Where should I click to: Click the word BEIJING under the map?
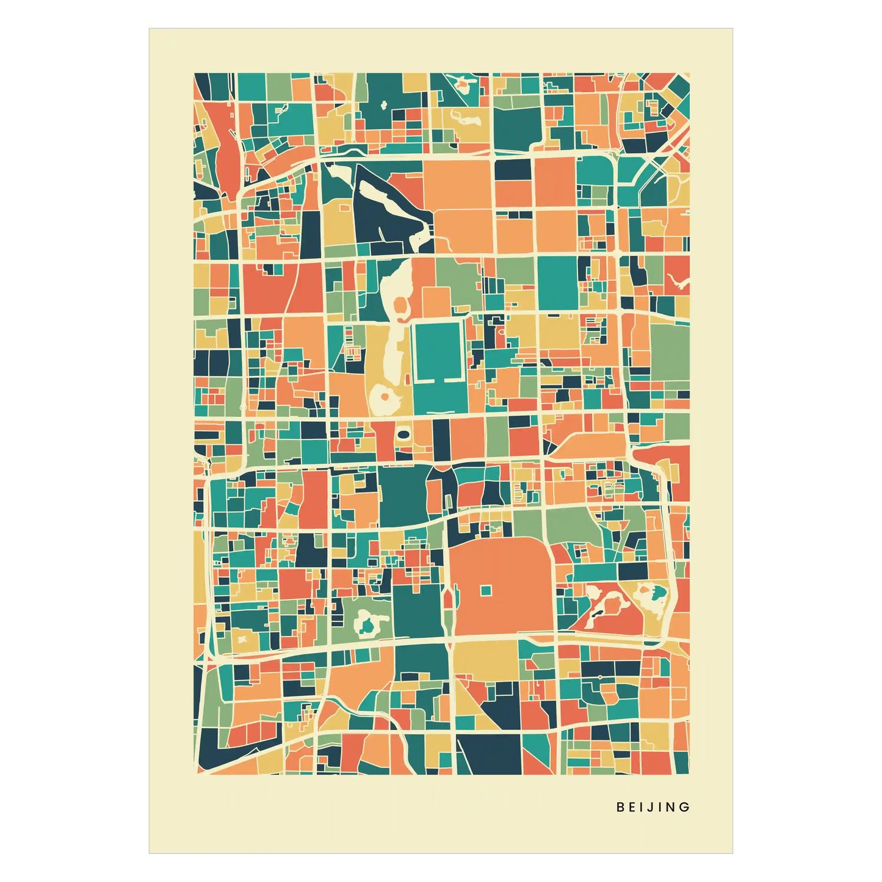click(653, 807)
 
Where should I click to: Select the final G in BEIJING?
click(685, 807)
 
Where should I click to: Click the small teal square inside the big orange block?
click(485, 590)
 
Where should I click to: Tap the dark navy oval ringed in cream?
click(403, 434)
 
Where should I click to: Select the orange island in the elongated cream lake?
click(401, 305)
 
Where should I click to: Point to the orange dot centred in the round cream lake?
click(385, 397)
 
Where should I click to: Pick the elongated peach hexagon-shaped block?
click(589, 445)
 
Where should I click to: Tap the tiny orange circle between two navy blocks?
click(601, 677)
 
